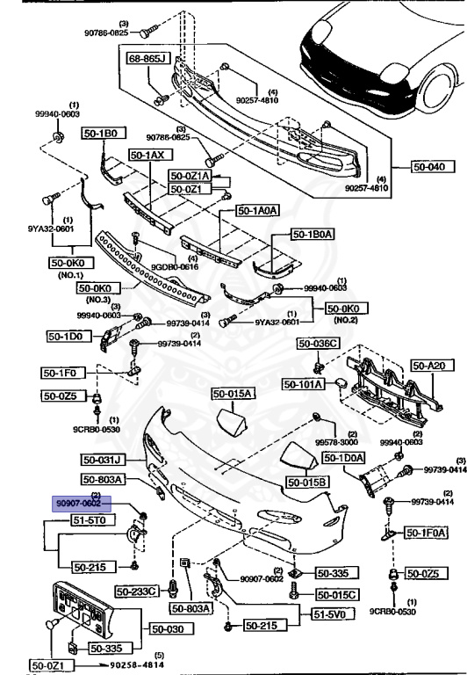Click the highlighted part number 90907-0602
76,502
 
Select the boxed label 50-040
432,164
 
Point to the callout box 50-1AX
147,155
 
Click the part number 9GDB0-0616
176,266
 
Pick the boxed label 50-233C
140,590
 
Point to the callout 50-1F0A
426,533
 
